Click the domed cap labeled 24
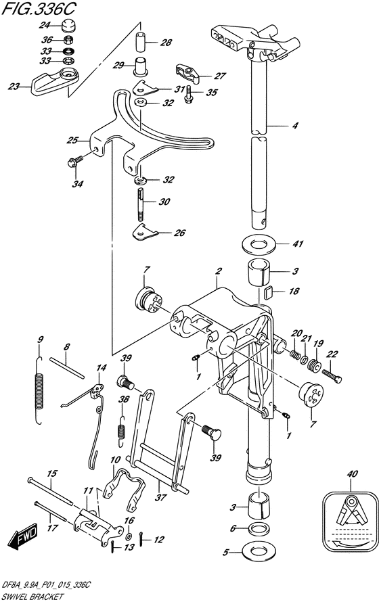tap(68, 26)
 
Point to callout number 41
tap(298, 244)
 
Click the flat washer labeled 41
tap(259, 245)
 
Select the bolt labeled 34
tap(74, 161)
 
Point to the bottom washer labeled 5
tap(258, 551)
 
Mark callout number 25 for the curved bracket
tap(72, 141)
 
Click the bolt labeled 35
tap(188, 94)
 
